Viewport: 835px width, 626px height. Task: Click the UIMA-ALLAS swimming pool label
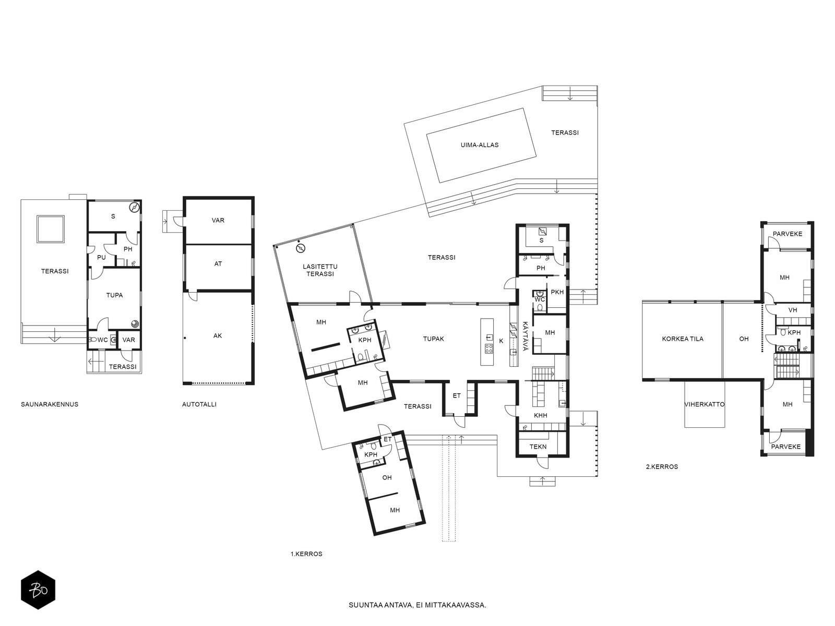coord(479,145)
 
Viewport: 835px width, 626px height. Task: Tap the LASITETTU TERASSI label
coord(320,270)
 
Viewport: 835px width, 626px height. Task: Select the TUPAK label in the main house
coord(433,339)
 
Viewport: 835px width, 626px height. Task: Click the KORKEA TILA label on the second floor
coord(683,339)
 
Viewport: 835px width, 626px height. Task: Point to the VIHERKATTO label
coord(705,404)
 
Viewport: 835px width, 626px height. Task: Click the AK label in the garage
coord(218,335)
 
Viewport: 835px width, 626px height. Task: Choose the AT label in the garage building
coord(218,263)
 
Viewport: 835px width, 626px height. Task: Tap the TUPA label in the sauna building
coord(114,295)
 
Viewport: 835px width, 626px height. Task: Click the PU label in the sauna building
coord(101,257)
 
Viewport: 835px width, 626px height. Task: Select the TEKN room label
coord(538,447)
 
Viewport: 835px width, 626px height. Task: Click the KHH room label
coord(540,415)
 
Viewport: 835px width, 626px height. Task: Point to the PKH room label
coord(557,292)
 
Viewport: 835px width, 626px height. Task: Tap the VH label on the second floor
coord(792,310)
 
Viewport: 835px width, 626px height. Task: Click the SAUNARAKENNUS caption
coord(50,404)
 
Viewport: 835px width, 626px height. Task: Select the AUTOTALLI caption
coord(199,404)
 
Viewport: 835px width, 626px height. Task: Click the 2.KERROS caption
coord(662,467)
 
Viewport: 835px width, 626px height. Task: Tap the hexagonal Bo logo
coord(38,590)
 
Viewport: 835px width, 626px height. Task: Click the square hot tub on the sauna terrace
coord(51,229)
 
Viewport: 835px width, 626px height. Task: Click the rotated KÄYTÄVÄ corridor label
coord(526,336)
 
